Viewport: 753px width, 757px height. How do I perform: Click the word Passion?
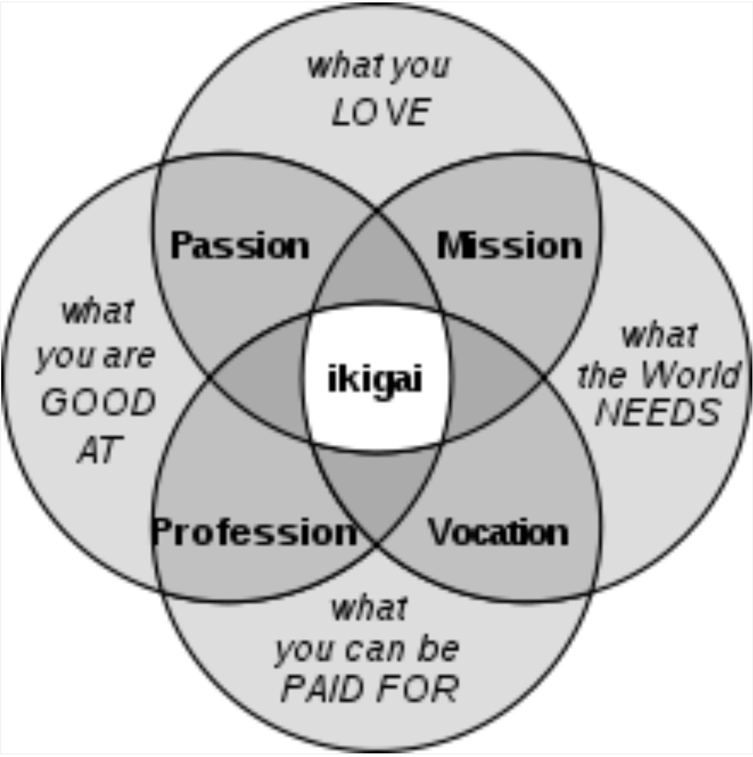tap(239, 246)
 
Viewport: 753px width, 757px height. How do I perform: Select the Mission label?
tap(509, 246)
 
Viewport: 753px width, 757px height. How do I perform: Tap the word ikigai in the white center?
tap(374, 380)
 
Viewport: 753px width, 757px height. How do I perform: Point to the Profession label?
tap(254, 532)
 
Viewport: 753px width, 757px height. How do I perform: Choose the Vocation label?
tap(499, 532)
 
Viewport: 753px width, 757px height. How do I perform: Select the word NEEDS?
tap(658, 413)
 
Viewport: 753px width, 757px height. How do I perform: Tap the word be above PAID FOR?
tap(438, 649)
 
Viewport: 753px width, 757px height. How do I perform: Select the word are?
tap(129, 356)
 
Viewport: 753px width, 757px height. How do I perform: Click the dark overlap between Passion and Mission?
tap(377, 267)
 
